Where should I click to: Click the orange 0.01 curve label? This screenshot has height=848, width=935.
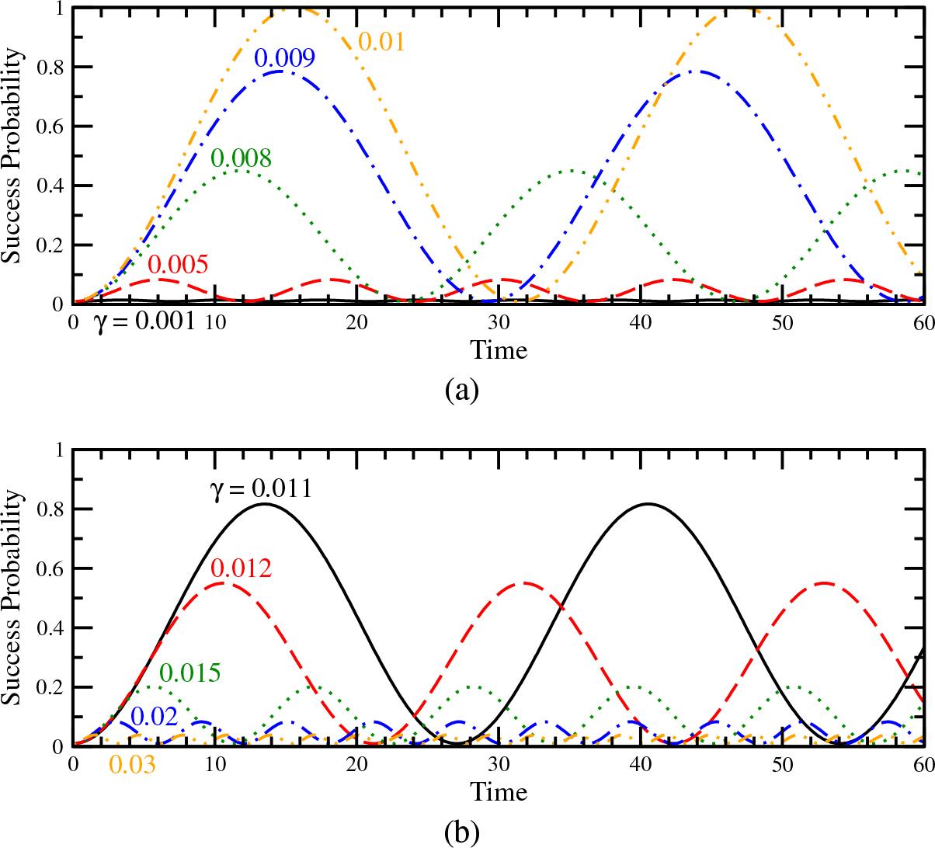point(381,40)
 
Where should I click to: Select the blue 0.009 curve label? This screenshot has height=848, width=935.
point(284,58)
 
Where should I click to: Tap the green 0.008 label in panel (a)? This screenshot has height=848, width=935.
point(241,158)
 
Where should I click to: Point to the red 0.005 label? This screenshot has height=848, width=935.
point(178,265)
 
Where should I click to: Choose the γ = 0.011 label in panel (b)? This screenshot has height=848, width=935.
point(260,489)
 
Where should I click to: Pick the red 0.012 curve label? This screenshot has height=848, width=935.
point(241,568)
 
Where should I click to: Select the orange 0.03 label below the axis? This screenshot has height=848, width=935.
point(132,765)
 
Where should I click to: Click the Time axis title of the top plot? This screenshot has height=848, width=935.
point(499,350)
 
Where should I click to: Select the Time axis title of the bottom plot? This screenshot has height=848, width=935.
point(499,791)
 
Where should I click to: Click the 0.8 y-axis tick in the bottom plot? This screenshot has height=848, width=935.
point(52,509)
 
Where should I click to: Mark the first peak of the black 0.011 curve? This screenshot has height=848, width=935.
point(264,504)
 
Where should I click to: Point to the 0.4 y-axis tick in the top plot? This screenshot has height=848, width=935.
point(52,186)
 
